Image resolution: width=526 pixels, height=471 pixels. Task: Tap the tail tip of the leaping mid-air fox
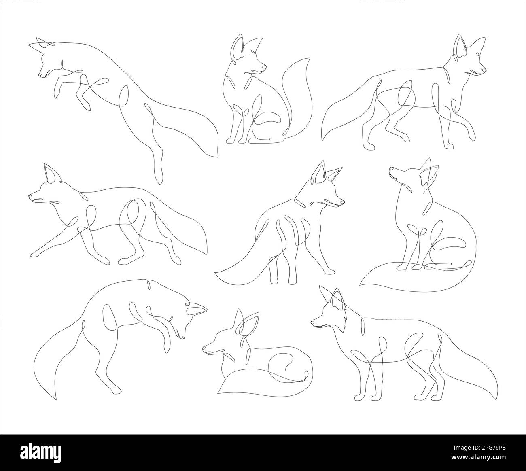point(218,156)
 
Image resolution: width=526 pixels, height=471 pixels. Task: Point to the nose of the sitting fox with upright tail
point(265,67)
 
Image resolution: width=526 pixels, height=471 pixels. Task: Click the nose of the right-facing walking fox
point(485,72)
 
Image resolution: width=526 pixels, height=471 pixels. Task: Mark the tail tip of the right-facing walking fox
point(322,140)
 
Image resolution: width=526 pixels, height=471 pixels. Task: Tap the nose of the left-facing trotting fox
point(30,195)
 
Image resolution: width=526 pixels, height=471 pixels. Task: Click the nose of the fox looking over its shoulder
point(344,201)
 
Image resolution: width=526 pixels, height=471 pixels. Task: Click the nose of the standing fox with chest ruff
point(312,322)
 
